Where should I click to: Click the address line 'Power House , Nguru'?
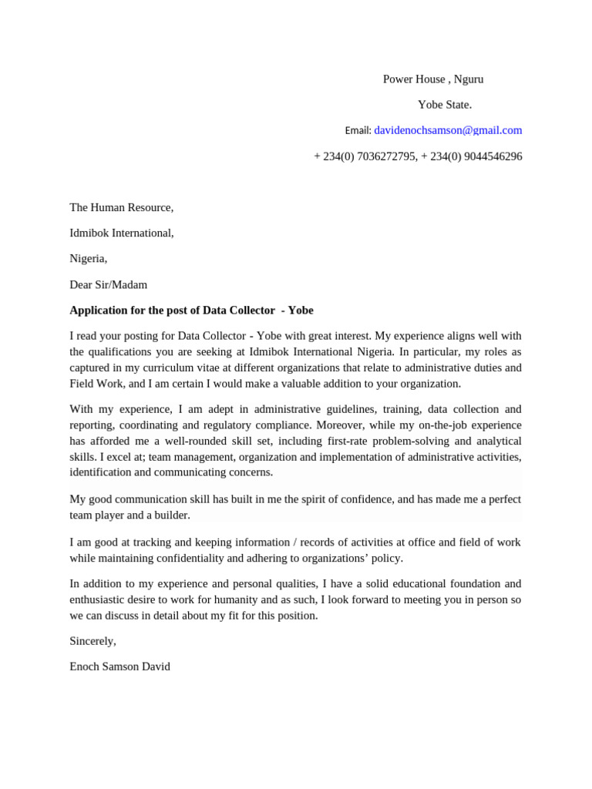point(433,79)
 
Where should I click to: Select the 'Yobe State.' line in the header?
point(445,105)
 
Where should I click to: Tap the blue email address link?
point(448,130)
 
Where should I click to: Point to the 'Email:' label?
point(358,131)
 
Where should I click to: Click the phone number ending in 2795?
point(365,156)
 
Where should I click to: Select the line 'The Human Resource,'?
point(122,207)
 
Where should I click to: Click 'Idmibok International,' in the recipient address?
point(122,233)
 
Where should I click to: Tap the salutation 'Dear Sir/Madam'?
point(108,284)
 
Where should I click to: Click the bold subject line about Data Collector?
point(191,311)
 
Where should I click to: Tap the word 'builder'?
point(170,515)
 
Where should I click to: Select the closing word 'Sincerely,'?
point(92,641)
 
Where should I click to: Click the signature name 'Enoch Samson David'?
point(119,666)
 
